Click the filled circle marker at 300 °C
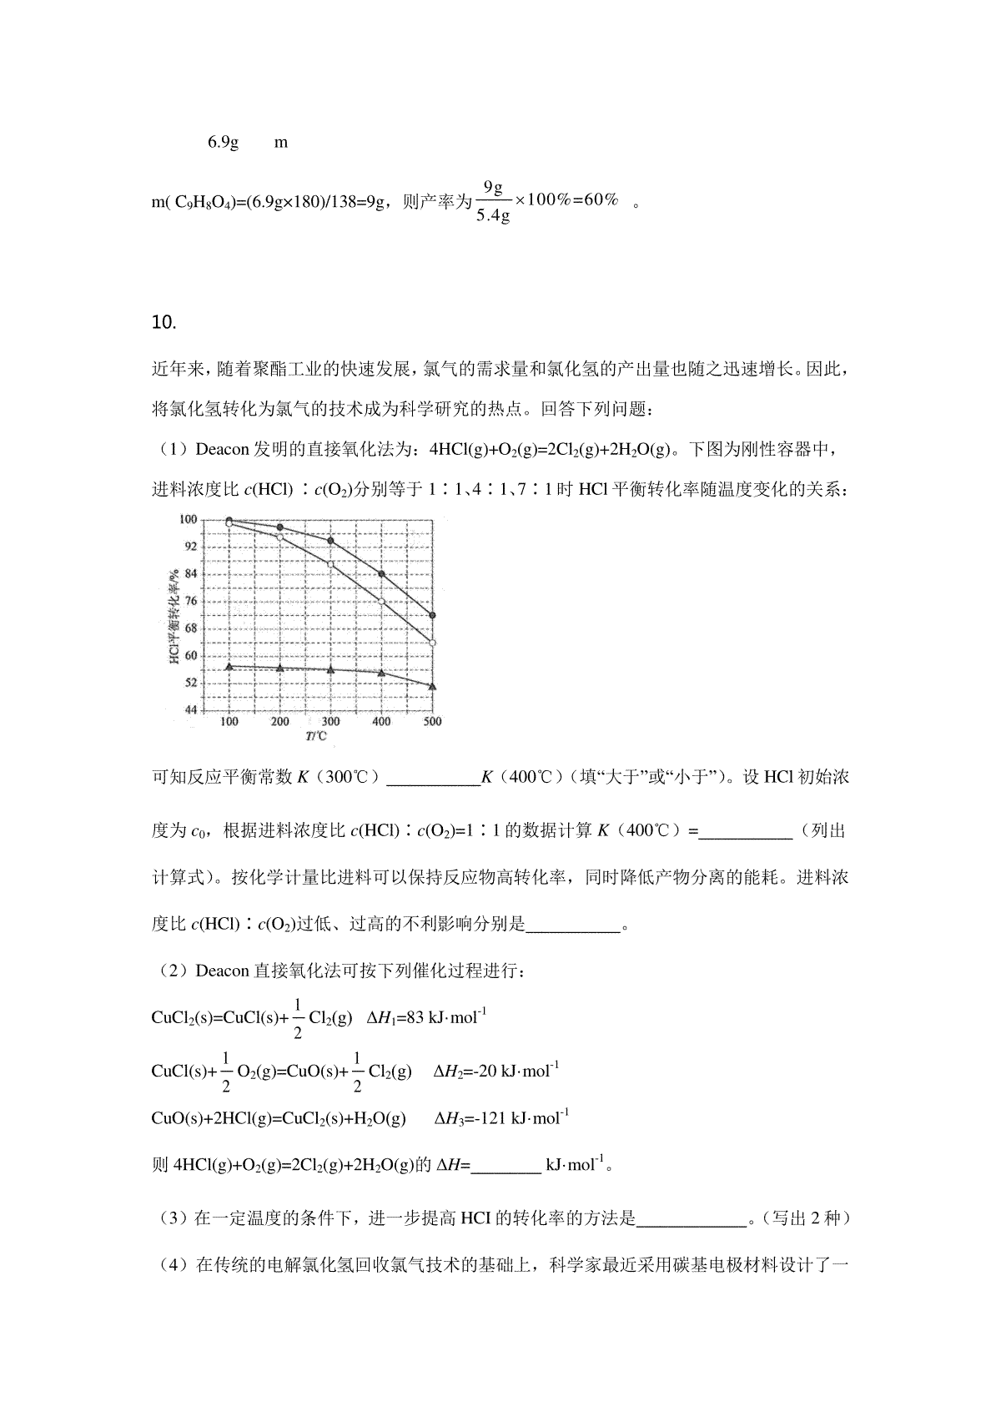pos(331,541)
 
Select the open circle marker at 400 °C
pos(381,602)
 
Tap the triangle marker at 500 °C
pos(432,686)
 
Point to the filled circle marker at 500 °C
pos(432,616)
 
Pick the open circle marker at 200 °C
pos(280,537)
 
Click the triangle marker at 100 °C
pos(229,666)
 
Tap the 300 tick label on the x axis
pos(330,722)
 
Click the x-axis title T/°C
pos(316,736)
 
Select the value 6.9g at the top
pos(223,143)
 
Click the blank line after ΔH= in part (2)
pos(506,1166)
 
